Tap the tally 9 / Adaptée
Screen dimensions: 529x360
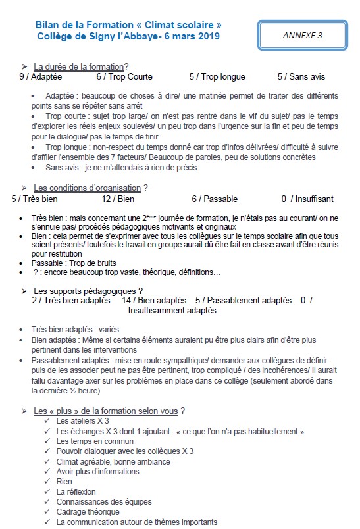point(41,76)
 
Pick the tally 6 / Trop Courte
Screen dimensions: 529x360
point(124,76)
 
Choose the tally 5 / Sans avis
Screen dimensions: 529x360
point(301,76)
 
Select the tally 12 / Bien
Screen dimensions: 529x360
point(118,199)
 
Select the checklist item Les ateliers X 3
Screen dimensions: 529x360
point(83,421)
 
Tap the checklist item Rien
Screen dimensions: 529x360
point(64,481)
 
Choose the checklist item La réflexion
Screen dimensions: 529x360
point(76,491)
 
